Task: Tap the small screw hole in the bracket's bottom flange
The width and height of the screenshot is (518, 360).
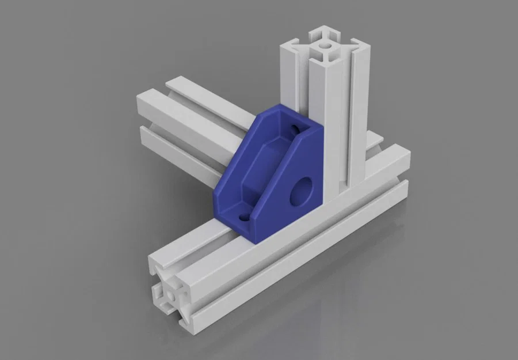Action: pyautogui.click(x=242, y=218)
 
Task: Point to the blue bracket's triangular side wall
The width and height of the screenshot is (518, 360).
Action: pyautogui.click(x=299, y=184)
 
